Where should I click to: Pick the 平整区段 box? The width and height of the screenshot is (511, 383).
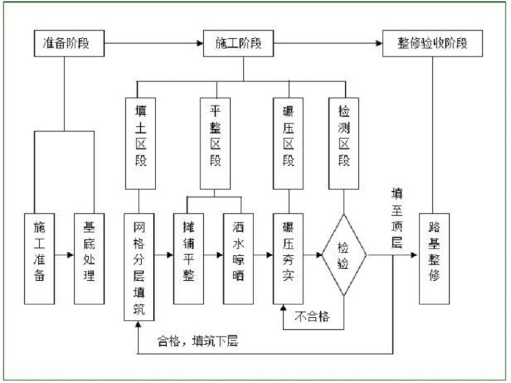coord(215,142)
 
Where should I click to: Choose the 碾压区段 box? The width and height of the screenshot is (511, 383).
coord(288,142)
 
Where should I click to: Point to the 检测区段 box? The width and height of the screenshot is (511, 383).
coord(344,142)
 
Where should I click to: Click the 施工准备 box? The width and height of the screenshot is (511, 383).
coord(40,258)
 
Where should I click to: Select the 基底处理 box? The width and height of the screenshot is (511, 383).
coord(89,258)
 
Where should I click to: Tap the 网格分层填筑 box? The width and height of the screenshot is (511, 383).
coord(139,266)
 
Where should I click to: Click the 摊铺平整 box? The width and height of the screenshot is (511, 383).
coord(189,258)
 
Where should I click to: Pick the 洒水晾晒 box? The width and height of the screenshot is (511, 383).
coord(239,258)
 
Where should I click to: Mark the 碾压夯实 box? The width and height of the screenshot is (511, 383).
coord(288,258)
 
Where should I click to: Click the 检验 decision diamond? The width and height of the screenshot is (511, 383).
coord(344,256)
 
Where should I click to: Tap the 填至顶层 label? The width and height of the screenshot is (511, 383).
coord(397,218)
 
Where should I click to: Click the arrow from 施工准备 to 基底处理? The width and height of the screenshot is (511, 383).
coord(65,256)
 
